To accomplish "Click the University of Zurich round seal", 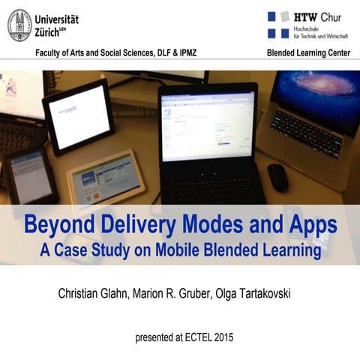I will [x=19, y=25].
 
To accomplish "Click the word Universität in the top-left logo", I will [x=56, y=19].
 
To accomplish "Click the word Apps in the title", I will [x=309, y=224].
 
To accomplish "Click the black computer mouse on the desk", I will [x=277, y=177].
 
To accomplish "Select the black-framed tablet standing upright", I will [x=79, y=115].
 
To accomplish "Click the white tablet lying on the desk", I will [x=104, y=181].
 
